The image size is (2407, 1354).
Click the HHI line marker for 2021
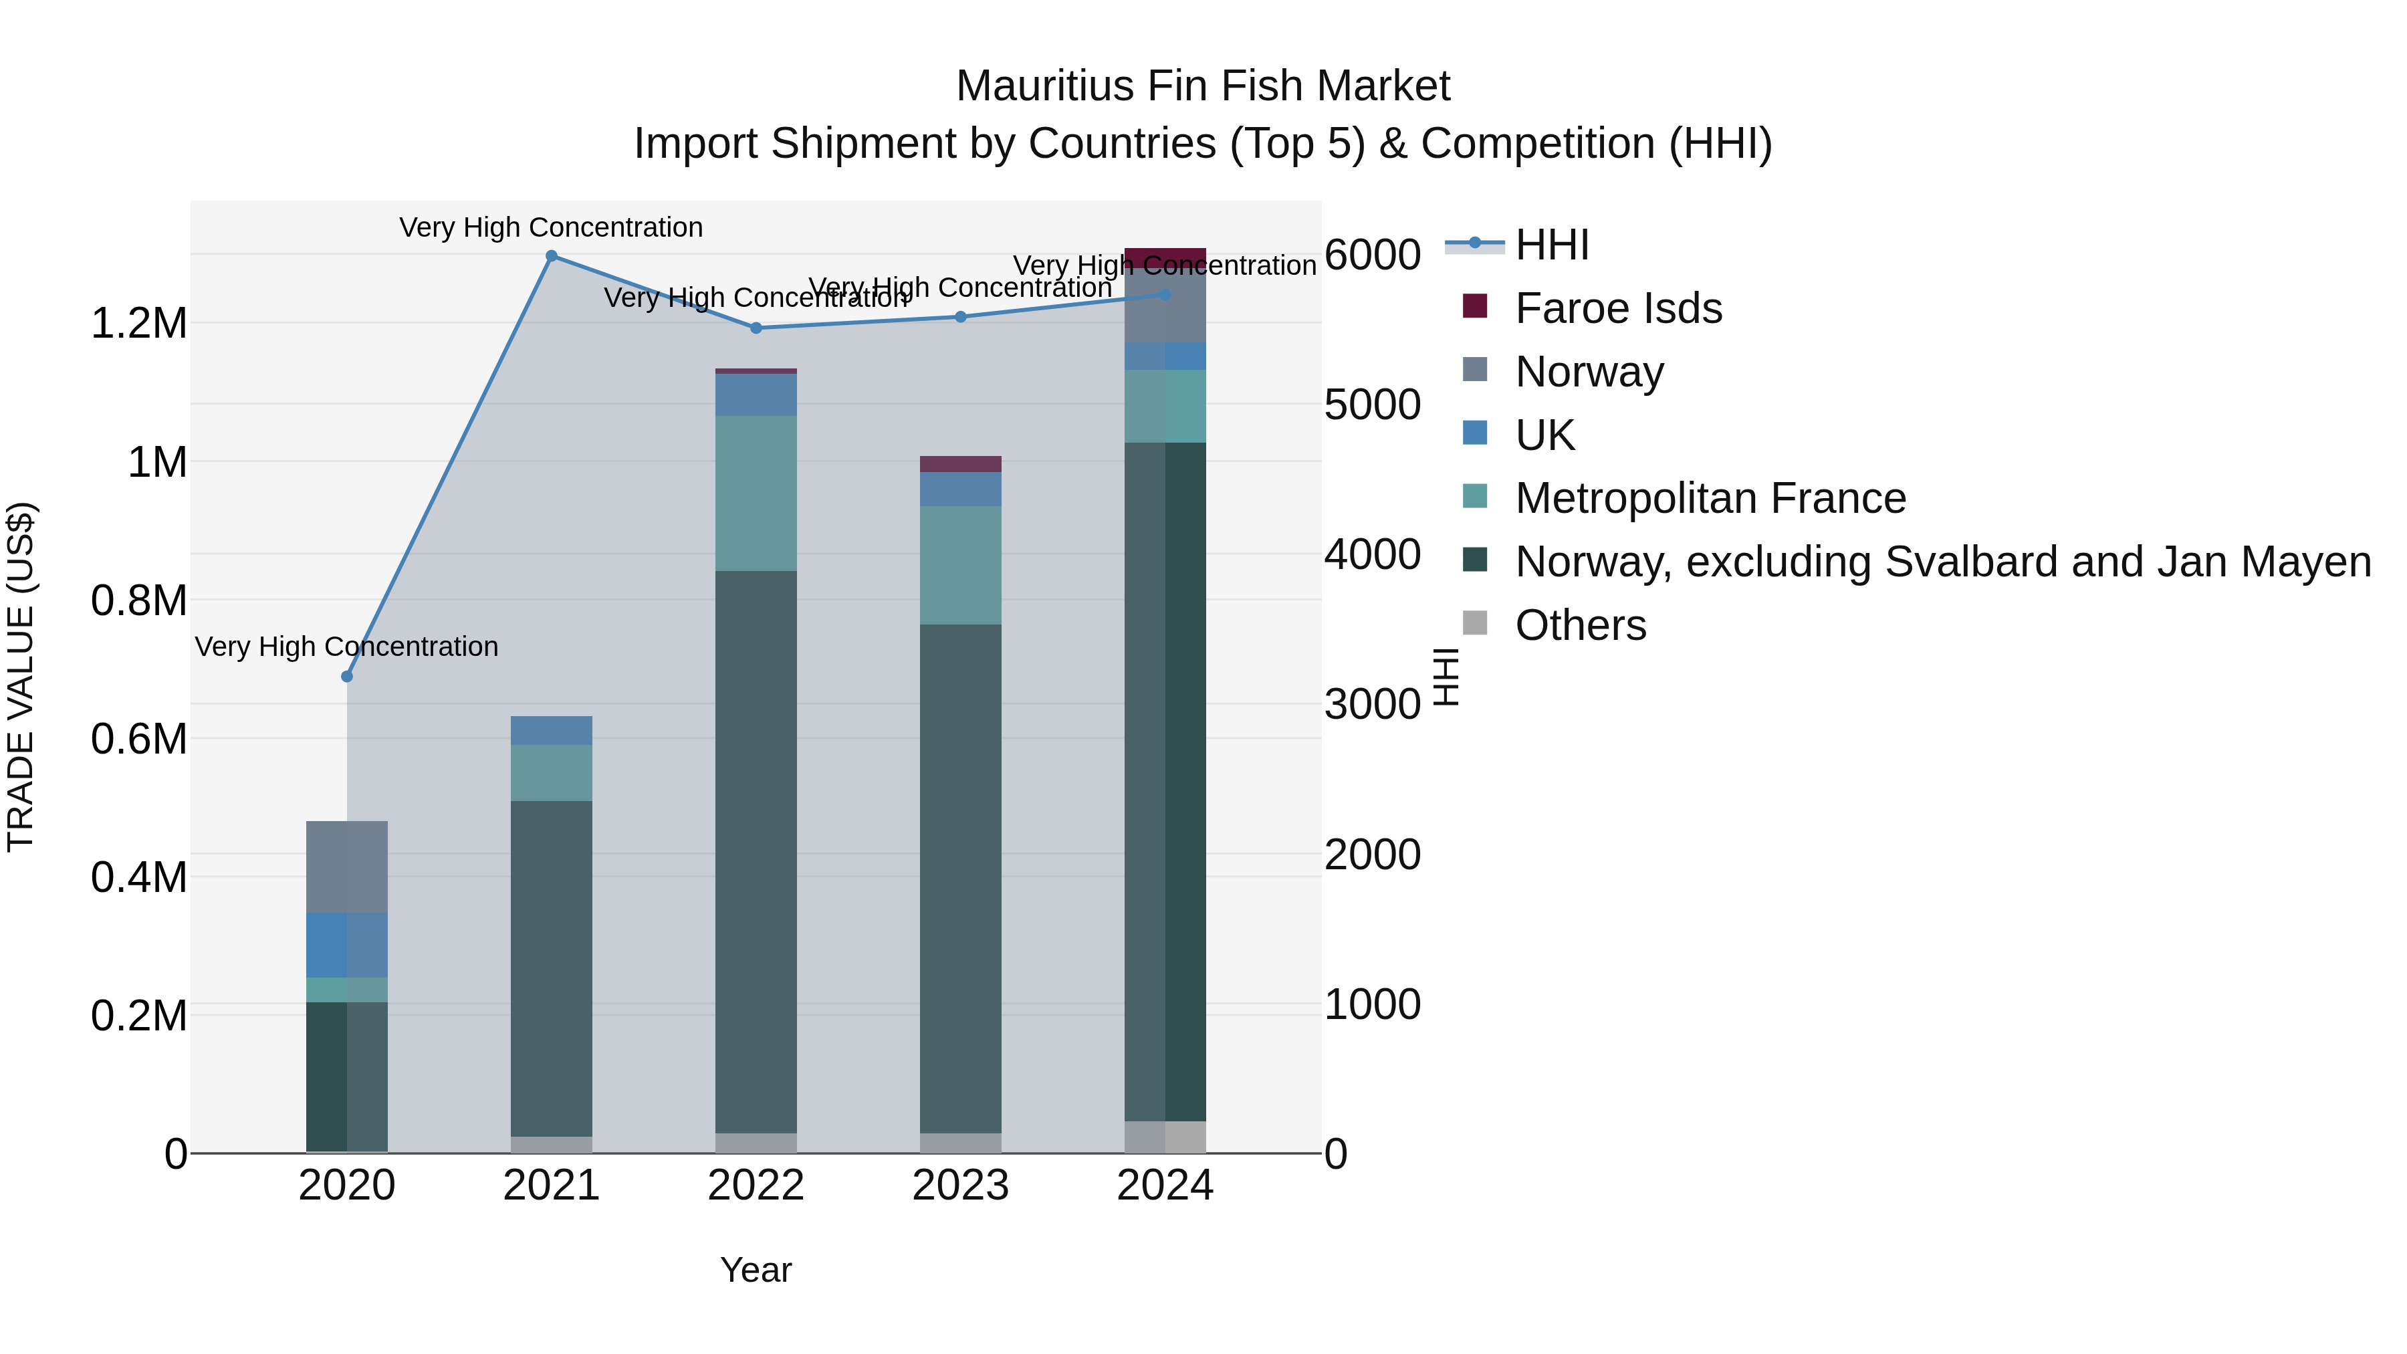552,256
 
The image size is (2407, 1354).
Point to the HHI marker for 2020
346,677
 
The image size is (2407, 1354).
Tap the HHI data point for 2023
961,317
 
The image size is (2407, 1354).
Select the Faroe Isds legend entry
1617,308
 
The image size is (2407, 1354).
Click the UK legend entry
1544,435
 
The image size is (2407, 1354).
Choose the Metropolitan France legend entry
1710,498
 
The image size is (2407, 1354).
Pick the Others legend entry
1580,625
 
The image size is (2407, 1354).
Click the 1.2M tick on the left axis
138,324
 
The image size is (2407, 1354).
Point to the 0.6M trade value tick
138,739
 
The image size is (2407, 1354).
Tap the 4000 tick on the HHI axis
1372,554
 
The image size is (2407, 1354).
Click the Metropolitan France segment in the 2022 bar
756,493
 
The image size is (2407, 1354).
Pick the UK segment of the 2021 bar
552,731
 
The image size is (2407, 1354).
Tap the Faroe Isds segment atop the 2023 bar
961,465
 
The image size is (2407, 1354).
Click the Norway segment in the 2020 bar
346,867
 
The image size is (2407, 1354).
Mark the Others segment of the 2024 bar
1165,1137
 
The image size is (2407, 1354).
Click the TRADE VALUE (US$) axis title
21,677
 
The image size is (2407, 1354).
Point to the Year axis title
756,1271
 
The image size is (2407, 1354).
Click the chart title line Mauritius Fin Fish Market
1203,86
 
